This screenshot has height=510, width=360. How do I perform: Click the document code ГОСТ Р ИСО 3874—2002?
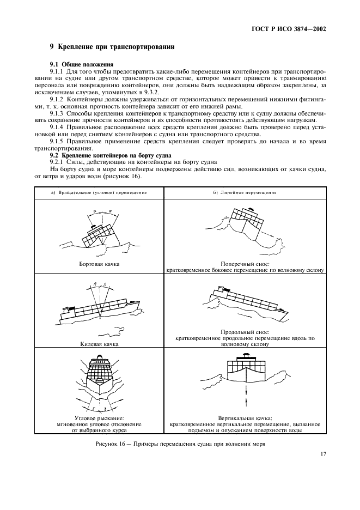tap(295, 29)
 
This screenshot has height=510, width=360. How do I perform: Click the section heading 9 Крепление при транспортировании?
tap(112, 47)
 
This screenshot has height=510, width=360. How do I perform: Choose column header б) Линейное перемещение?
tap(245, 193)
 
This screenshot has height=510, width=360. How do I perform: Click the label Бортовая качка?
tap(99, 264)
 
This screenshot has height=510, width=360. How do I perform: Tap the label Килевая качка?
tap(99, 344)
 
